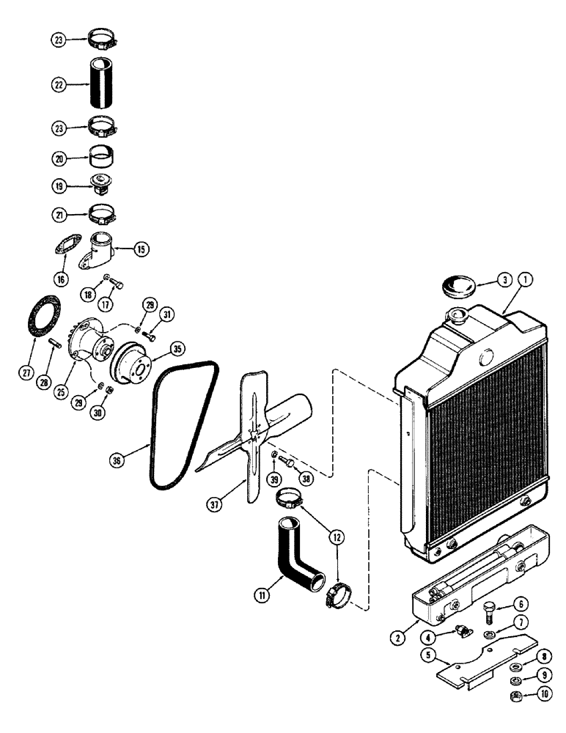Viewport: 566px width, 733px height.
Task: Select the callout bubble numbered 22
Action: click(x=58, y=86)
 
